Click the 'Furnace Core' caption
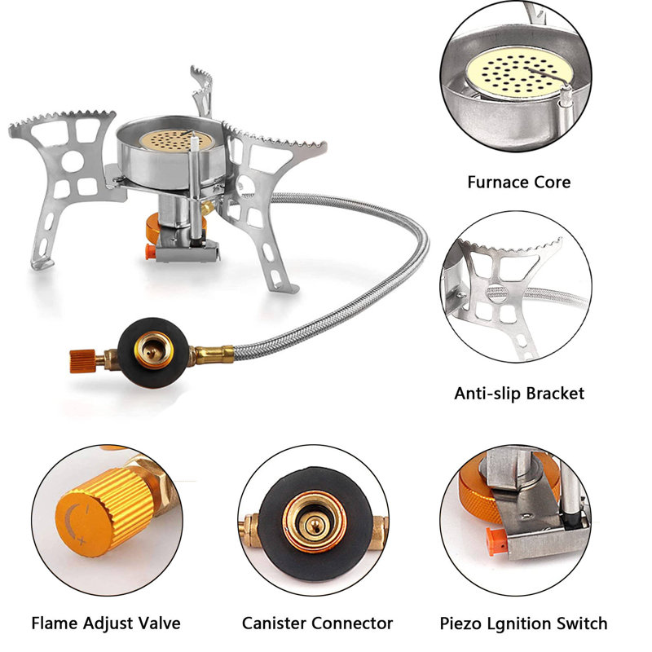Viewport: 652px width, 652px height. tap(518, 182)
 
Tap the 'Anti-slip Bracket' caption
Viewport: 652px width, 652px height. tap(519, 394)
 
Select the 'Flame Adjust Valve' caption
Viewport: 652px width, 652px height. tap(105, 623)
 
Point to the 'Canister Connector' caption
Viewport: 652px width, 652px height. tap(317, 623)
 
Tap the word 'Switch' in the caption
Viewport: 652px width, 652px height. tap(580, 623)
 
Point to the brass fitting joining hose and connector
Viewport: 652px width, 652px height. tap(208, 355)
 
